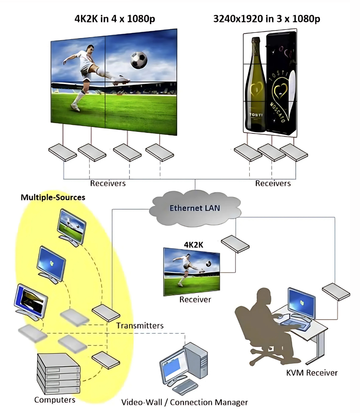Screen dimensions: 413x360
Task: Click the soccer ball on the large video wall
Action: tap(139, 60)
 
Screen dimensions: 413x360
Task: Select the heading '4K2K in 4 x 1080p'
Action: tap(115, 19)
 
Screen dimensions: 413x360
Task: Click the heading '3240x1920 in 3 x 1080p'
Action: tap(266, 19)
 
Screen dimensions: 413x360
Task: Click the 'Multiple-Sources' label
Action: tap(53, 197)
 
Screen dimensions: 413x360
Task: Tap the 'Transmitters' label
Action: tap(140, 325)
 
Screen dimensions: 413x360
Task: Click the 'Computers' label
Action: tap(55, 400)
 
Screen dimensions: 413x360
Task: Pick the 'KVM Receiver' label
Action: tap(312, 373)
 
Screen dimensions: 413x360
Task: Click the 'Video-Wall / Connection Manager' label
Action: tap(185, 402)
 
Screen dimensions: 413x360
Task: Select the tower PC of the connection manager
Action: tap(196, 360)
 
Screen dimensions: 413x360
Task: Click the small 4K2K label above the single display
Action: tap(194, 245)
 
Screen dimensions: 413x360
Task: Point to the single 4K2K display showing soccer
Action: tap(191, 272)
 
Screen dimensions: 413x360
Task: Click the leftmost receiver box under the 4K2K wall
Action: tap(62, 152)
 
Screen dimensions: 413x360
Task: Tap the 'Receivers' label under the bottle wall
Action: tap(273, 183)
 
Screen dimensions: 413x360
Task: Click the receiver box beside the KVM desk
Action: tap(336, 291)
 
